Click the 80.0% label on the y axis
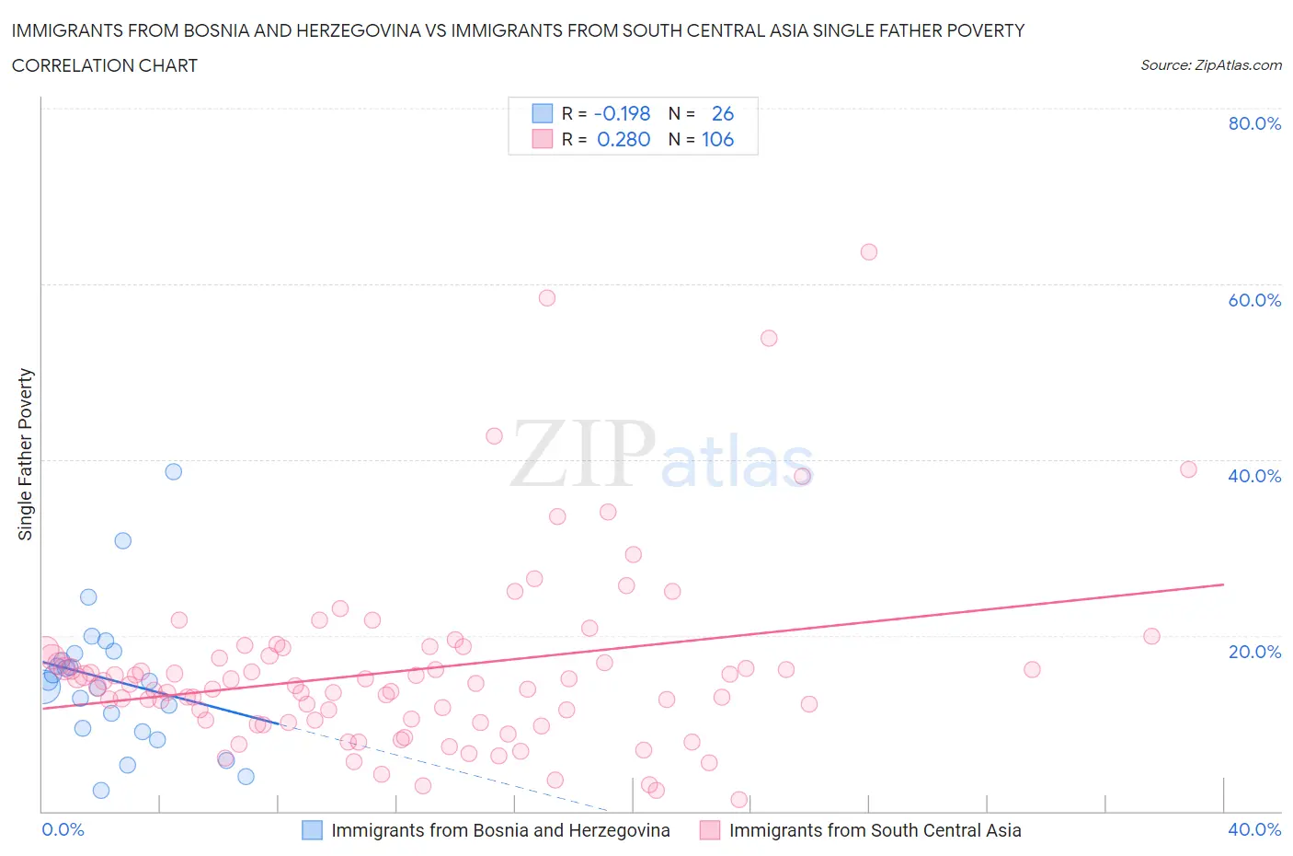pos(1254,123)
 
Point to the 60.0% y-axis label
pos(1254,300)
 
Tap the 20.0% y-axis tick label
pos(1254,652)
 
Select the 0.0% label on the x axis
pos(63,829)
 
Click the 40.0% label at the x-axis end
pos(1254,829)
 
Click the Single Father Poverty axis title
pos(26,454)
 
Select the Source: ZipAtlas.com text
pos(1210,65)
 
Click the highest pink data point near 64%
pos(869,252)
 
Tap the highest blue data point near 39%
pos(173,471)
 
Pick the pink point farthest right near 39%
pos(1188,469)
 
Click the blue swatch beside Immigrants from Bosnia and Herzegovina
pos(313,830)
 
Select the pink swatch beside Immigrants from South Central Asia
pos(710,830)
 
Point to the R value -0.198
pos(623,113)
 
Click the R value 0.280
pos(624,139)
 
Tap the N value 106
pos(717,139)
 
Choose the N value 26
pos(723,113)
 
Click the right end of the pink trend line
pos(1223,584)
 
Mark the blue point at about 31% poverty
pos(122,541)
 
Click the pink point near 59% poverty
pos(547,298)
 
